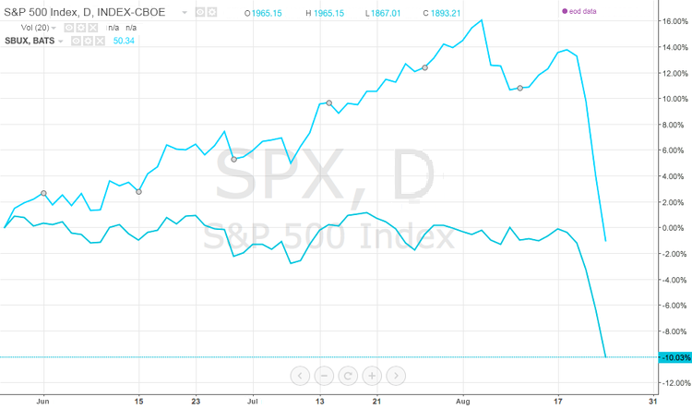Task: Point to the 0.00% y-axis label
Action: [671, 227]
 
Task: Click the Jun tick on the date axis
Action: [42, 403]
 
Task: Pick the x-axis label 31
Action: [653, 403]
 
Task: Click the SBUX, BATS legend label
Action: [30, 42]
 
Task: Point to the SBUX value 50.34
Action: [123, 42]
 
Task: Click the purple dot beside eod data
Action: [564, 11]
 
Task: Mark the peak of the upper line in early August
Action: [482, 20]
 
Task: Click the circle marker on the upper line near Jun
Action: [44, 193]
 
